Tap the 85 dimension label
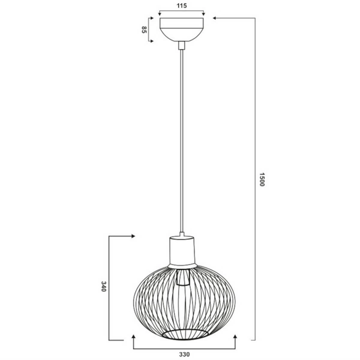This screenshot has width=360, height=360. (x=145, y=29)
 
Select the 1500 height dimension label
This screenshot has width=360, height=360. (x=262, y=180)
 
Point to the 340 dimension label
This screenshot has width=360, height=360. (x=103, y=287)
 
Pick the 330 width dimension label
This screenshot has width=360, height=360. (x=183, y=354)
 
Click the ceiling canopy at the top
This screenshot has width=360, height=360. (x=182, y=28)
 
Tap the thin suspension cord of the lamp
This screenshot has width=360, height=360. (x=182, y=138)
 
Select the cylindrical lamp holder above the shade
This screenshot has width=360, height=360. (x=182, y=250)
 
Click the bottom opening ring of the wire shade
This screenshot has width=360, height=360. (x=183, y=332)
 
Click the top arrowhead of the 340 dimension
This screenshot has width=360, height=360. (x=131, y=236)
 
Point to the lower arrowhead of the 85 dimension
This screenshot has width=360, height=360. (x=151, y=41)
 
